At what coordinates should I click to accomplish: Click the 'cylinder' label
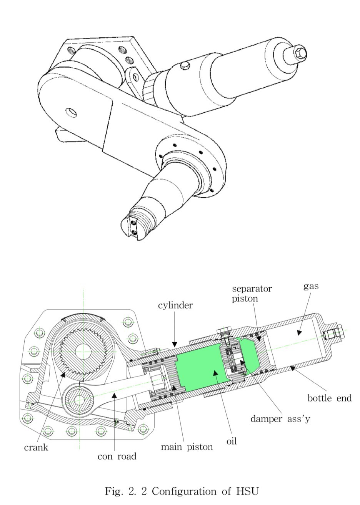click(x=175, y=305)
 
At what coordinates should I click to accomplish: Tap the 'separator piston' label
click(x=252, y=293)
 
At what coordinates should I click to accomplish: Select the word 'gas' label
click(x=311, y=286)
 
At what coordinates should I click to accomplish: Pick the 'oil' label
click(x=232, y=441)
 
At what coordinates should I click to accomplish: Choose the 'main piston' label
click(x=187, y=447)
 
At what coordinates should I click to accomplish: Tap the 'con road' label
click(x=117, y=456)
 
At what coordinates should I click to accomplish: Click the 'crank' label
click(x=36, y=447)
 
